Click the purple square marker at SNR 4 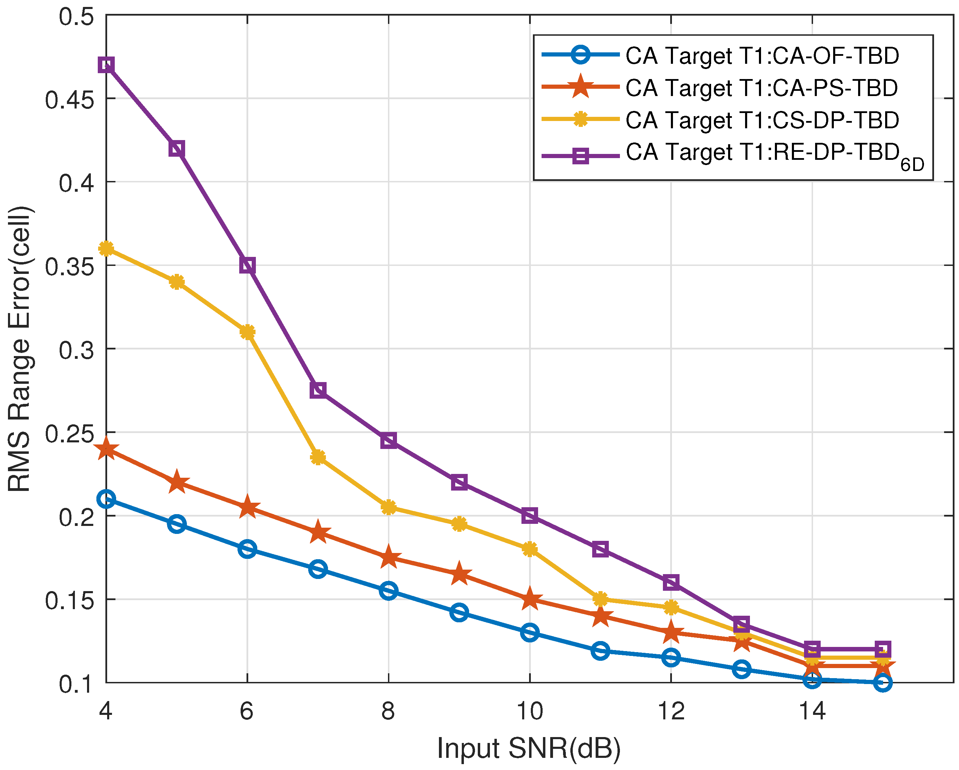[106, 65]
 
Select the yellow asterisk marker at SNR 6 [247, 332]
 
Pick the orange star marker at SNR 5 [176, 482]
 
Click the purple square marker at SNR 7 [318, 390]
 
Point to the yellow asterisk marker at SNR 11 [601, 599]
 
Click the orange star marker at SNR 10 [530, 599]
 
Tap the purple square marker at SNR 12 [671, 582]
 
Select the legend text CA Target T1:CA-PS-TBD [761, 88]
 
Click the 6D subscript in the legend [912, 165]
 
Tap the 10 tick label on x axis [529, 711]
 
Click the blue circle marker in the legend [580, 55]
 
